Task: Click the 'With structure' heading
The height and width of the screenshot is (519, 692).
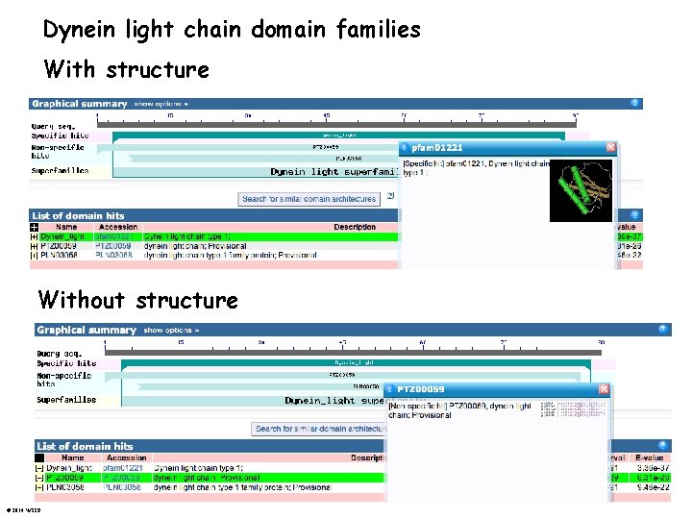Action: pyautogui.click(x=126, y=70)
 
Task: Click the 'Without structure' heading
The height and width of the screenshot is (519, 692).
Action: pyautogui.click(x=137, y=301)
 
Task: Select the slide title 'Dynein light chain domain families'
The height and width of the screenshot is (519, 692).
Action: pyautogui.click(x=232, y=30)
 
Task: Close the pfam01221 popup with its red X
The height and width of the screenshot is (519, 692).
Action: pyautogui.click(x=610, y=147)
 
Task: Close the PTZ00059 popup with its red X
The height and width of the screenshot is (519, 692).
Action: pyautogui.click(x=604, y=389)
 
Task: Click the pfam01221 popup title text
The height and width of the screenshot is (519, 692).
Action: pyautogui.click(x=437, y=148)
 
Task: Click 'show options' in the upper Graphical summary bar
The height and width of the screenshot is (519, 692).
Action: pyautogui.click(x=161, y=104)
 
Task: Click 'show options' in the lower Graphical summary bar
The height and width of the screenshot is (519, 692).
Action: pyautogui.click(x=170, y=330)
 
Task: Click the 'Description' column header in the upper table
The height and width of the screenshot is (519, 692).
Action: pyautogui.click(x=355, y=227)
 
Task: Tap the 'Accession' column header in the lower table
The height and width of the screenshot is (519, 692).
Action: pyautogui.click(x=127, y=458)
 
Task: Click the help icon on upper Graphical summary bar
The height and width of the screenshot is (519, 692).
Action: pyautogui.click(x=634, y=103)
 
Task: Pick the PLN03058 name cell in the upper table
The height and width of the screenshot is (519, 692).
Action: pyautogui.click(x=62, y=255)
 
